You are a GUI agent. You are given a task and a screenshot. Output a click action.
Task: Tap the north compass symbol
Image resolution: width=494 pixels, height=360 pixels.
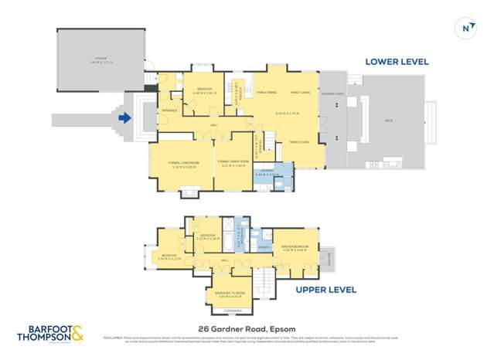coord(465,29)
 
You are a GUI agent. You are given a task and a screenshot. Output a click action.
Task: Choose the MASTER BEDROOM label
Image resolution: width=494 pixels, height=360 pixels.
coord(297,247)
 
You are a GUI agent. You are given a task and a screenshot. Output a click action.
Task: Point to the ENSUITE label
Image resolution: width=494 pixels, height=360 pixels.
coord(264,247)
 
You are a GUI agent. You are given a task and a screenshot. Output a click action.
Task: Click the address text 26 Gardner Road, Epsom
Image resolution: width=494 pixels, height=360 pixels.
coord(247,328)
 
